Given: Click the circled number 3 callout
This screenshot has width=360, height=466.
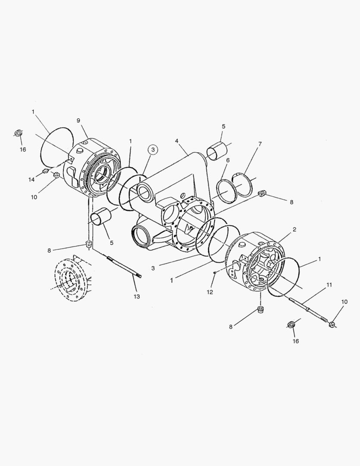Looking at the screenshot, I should [x=153, y=149].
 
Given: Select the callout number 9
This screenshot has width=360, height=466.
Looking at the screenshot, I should [x=78, y=120].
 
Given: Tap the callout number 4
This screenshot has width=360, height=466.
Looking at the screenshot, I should [x=177, y=141].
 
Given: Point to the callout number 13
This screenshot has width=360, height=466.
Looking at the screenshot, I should [x=137, y=296].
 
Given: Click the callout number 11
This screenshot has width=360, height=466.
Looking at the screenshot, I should [x=329, y=285].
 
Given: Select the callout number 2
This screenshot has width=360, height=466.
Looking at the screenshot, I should [x=294, y=230].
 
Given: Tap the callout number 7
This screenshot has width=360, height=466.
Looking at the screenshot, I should [x=260, y=144].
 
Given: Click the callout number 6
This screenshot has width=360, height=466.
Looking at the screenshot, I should [x=228, y=160].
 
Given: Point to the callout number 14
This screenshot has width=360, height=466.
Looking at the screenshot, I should [x=31, y=179].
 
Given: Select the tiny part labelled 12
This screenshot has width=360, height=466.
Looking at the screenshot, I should [x=215, y=273].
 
